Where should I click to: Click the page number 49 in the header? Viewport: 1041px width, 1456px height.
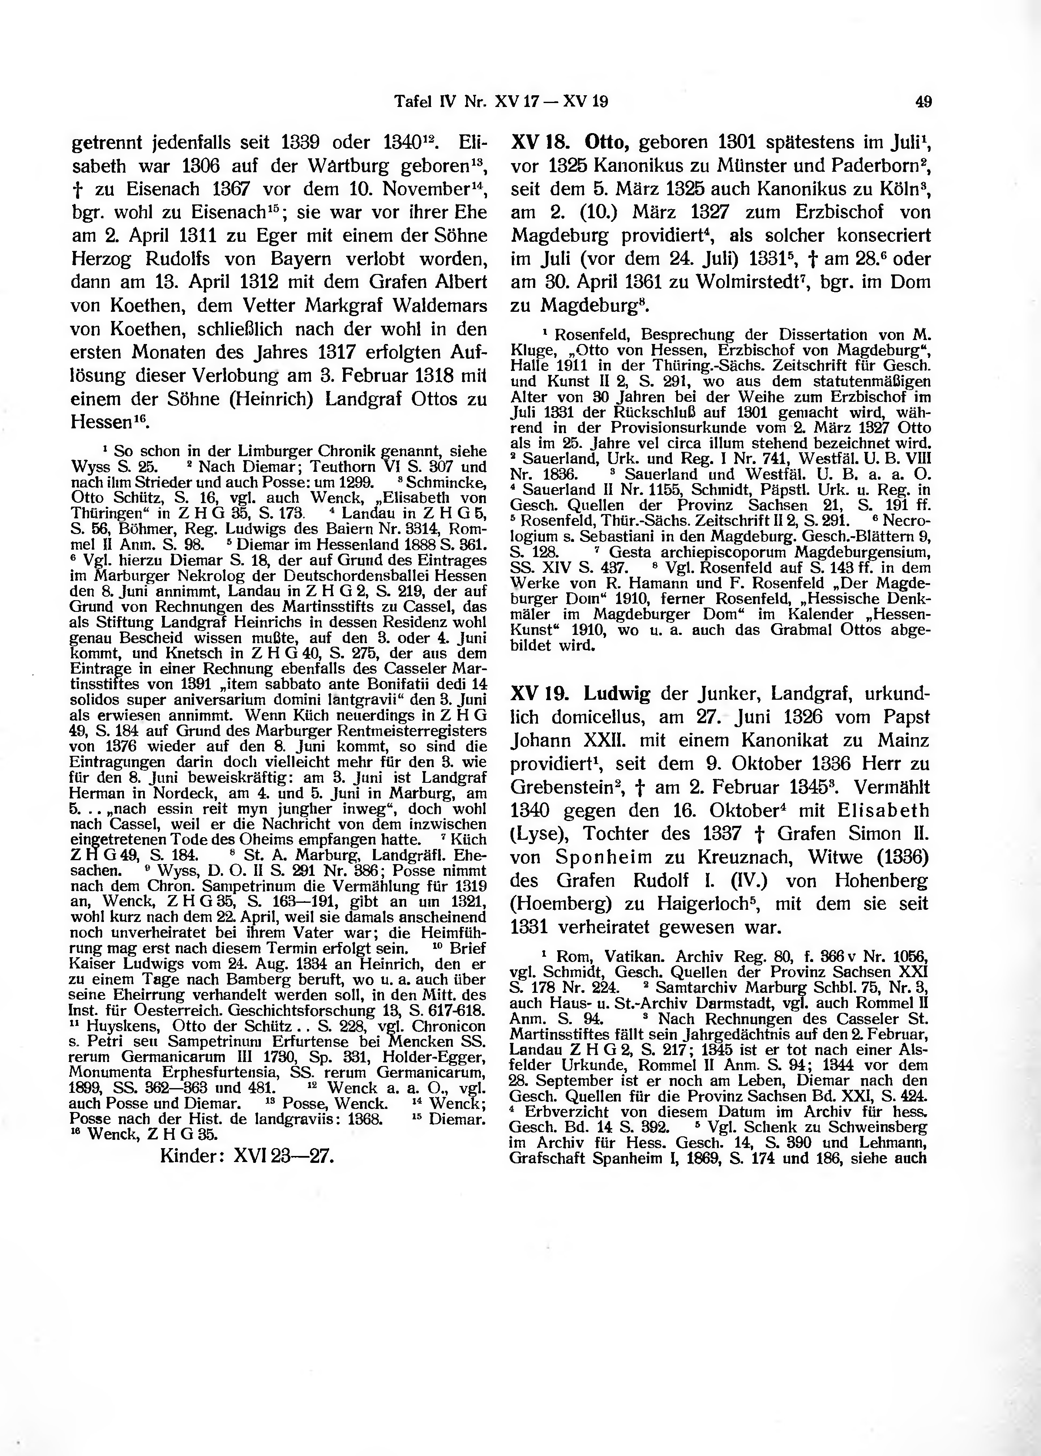point(924,101)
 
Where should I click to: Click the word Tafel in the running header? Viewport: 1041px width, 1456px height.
point(411,101)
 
